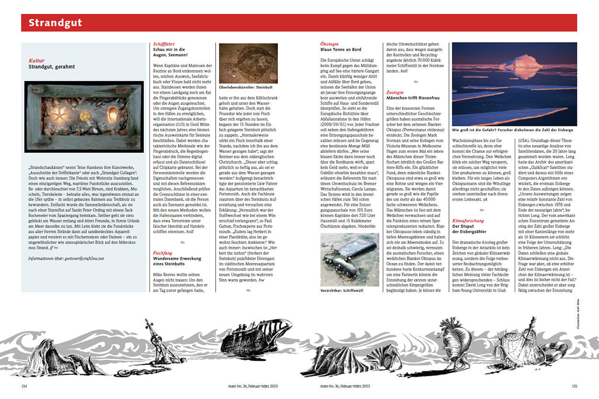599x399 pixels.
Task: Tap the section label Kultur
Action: pyautogui.click(x=36, y=61)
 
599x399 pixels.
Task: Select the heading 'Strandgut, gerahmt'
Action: pyautogui.click(x=52, y=67)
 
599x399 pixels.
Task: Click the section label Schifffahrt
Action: pyautogui.click(x=164, y=44)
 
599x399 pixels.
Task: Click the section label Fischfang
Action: pyautogui.click(x=162, y=252)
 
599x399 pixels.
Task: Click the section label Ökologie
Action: pyautogui.click(x=329, y=44)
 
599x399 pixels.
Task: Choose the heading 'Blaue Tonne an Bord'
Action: pyautogui.click(x=340, y=50)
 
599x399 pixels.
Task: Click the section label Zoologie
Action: pyautogui.click(x=395, y=92)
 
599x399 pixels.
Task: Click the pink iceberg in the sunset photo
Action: pyautogui.click(x=520, y=62)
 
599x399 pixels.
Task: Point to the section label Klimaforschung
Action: pyautogui.click(x=468, y=221)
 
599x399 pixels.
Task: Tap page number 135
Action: pyautogui.click(x=575, y=386)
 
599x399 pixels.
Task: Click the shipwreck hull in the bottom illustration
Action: pyautogui.click(x=259, y=335)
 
